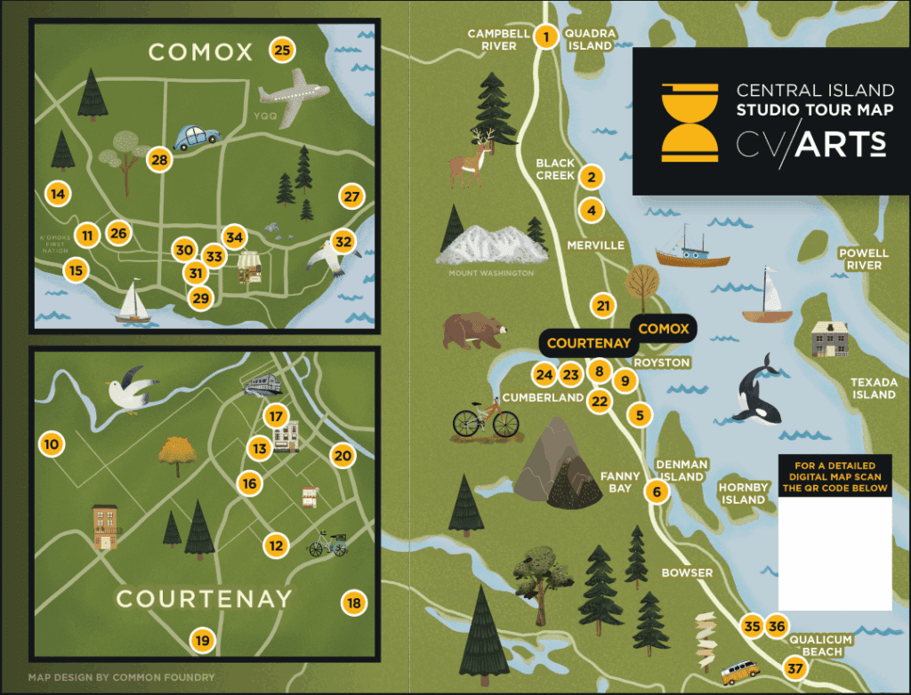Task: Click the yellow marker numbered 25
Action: [282, 50]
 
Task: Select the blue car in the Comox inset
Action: [197, 138]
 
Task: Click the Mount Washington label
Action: [491, 273]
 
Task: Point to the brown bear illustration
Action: [474, 331]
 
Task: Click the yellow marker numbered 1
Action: [545, 37]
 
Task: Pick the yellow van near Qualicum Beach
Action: [740, 672]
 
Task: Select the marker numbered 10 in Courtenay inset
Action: [52, 443]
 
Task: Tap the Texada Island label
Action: [873, 388]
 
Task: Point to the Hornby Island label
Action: [743, 493]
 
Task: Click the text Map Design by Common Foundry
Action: [121, 677]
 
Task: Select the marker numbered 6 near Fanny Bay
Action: [657, 491]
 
